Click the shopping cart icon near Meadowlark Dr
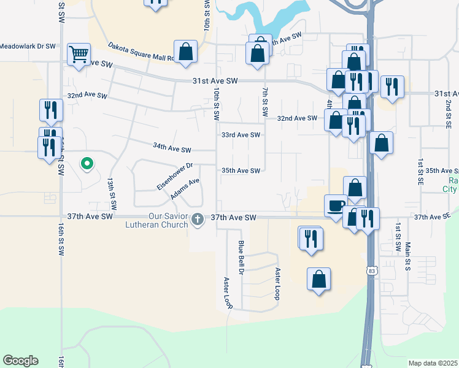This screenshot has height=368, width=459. tap(79, 54)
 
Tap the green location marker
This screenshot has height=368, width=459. tap(87, 163)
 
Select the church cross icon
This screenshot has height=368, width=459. tap(198, 218)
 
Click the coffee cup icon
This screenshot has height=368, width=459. tap(336, 205)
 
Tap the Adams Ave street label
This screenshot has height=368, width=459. tap(185, 189)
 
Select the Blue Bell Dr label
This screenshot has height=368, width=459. tap(241, 257)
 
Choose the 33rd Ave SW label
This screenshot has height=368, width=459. tap(241, 135)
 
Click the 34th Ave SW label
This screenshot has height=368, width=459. tap(172, 148)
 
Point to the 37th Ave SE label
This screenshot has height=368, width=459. tap(432, 217)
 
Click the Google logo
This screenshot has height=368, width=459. tap(20, 361)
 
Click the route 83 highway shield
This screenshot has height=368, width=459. tap(372, 270)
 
